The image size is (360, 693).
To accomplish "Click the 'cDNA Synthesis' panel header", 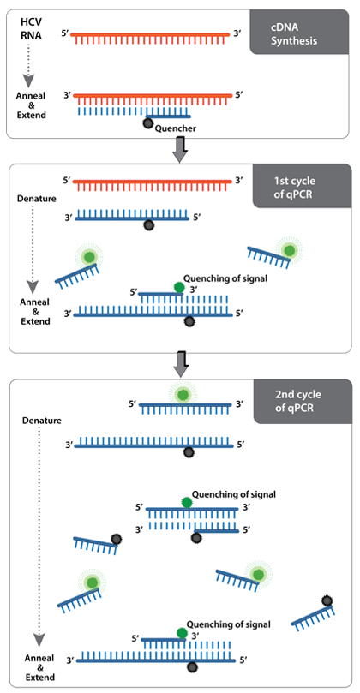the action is pos(299,32).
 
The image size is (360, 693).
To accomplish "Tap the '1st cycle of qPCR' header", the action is pos(302,186).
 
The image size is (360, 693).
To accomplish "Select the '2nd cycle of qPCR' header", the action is pos(303,401).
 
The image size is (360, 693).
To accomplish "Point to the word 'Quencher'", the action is pos(175,128).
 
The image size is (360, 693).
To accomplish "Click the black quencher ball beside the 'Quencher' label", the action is pos(148,123).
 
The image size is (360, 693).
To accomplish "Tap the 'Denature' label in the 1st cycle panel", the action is pos(36,198).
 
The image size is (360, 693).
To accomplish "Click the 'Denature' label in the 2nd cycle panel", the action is pos(42,420).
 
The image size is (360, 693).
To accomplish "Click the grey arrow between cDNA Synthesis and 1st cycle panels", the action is pos(179,150).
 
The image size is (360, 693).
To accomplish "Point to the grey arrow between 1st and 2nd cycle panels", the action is pos(181,365).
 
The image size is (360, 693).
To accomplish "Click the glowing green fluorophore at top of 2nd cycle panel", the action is pos(181,393).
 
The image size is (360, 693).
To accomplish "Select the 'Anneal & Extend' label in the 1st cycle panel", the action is pos(35,311).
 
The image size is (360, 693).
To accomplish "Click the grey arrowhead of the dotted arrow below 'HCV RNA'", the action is pos(29,81).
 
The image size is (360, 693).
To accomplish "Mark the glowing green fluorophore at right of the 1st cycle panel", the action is pos(289,250).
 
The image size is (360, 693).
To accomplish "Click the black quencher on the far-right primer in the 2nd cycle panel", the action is pos(327,600).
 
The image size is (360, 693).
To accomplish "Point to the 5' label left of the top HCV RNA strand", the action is pos(63,33).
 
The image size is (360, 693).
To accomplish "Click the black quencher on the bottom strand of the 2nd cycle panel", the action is pos(191,667).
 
